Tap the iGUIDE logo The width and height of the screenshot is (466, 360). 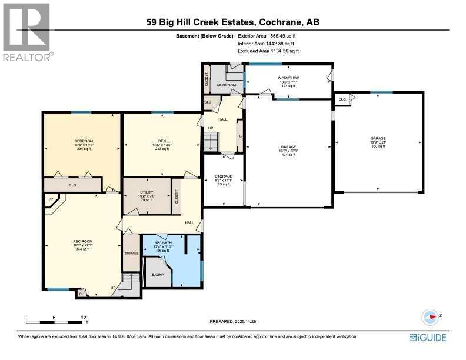[428, 338]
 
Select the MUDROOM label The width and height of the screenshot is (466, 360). [227, 85]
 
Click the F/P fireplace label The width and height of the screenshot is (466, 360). [50, 198]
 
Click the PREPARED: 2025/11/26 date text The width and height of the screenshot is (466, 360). [233, 321]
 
